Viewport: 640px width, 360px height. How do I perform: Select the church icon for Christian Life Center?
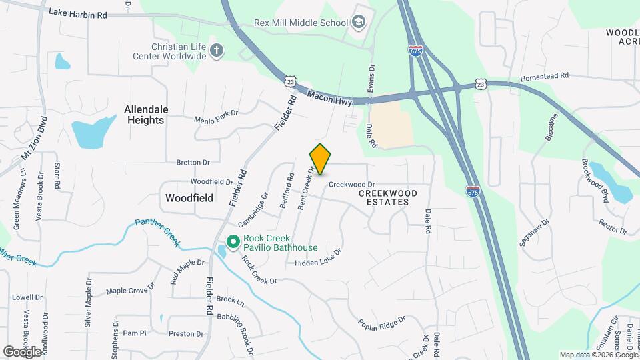216,50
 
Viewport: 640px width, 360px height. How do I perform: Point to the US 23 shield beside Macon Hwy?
289,81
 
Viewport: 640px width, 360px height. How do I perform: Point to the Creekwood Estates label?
388,197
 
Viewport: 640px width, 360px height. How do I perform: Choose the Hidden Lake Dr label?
318,259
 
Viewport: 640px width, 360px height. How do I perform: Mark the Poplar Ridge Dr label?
381,323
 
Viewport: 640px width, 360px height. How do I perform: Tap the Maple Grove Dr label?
131,290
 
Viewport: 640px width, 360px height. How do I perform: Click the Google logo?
22,351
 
